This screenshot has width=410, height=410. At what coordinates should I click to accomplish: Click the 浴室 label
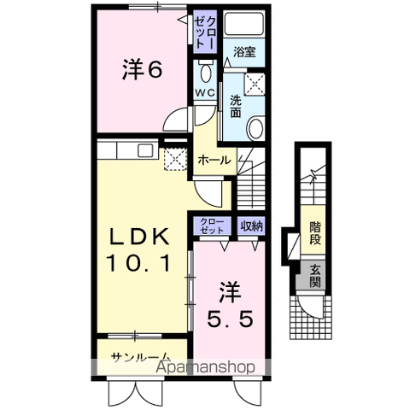coord(245,52)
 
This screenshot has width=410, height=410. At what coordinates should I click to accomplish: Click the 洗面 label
coord(235,107)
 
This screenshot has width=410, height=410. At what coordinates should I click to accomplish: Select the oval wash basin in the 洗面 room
coord(255,129)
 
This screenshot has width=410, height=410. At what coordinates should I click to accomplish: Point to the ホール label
coord(213,160)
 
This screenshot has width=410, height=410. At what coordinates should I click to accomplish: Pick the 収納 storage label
coord(250,226)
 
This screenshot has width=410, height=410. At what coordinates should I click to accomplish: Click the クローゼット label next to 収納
coord(212,226)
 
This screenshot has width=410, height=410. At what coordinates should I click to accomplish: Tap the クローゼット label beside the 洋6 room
coord(205,31)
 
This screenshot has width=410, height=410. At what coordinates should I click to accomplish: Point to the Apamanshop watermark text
coord(205,369)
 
